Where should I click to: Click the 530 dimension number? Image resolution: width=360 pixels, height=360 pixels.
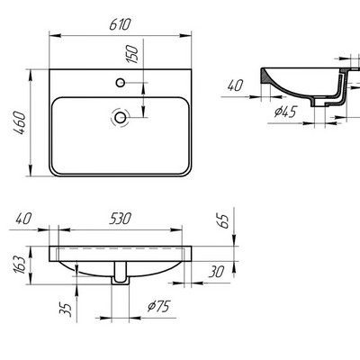(x=121, y=217)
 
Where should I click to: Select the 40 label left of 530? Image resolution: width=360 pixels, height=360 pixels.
(x=25, y=217)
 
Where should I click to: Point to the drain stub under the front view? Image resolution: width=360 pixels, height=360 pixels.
(x=119, y=280)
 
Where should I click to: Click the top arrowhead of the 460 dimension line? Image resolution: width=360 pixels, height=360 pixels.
(x=34, y=69)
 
